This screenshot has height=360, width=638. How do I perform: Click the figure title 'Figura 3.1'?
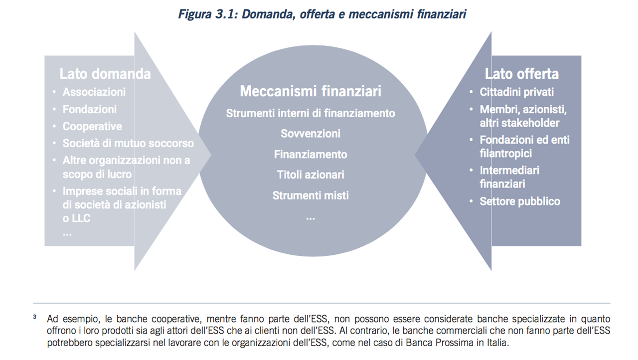(208, 14)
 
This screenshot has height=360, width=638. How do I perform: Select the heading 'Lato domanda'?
(105, 74)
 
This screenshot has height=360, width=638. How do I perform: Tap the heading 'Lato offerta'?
(522, 74)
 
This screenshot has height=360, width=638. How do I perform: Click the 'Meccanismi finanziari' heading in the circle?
(311, 91)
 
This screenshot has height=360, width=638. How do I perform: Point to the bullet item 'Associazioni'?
(94, 92)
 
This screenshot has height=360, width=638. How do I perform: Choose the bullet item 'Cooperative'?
(92, 127)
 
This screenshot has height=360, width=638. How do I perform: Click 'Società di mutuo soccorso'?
(128, 143)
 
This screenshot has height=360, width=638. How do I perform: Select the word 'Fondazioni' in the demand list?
(89, 109)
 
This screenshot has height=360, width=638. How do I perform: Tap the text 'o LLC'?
(76, 218)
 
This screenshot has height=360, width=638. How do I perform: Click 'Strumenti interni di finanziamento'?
(311, 113)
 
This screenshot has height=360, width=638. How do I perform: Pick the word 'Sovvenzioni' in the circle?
(311, 134)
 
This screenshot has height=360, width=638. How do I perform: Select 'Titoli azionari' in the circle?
(311, 175)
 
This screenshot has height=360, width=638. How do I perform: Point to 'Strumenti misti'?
(311, 195)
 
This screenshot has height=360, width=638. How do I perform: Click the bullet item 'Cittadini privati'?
(517, 92)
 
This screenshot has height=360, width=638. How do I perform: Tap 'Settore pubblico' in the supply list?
(520, 201)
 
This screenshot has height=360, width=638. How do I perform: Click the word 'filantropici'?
(505, 154)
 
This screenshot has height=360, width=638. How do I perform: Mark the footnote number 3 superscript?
(35, 317)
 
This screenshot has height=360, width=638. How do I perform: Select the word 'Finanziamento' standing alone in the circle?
(311, 155)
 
